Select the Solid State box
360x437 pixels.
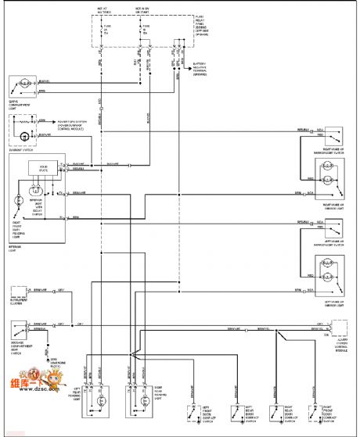point(38,168)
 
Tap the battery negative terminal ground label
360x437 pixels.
point(205,69)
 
